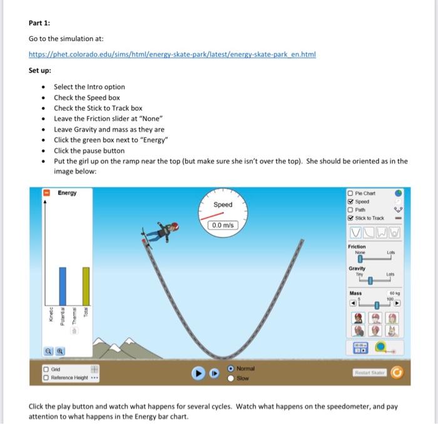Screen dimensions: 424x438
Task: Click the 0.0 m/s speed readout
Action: click(223, 225)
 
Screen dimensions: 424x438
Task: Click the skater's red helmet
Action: click(176, 225)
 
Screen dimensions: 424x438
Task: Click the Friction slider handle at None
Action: click(360, 258)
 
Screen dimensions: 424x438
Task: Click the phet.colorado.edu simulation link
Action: click(172, 54)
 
